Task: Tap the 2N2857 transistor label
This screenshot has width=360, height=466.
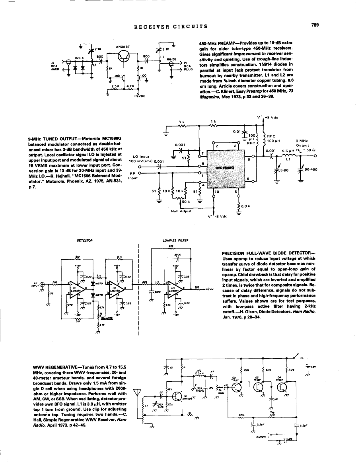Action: pos(121,46)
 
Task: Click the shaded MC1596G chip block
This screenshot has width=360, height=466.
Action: pos(225,168)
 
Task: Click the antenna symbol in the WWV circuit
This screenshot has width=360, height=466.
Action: pos(138,393)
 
